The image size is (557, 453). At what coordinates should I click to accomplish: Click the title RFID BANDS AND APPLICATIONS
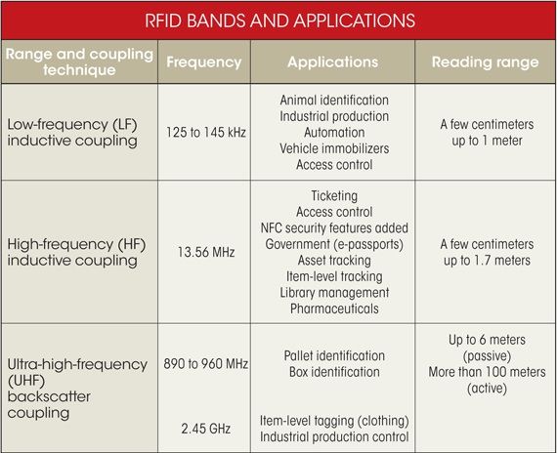click(x=278, y=19)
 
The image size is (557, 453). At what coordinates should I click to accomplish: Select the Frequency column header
click(x=203, y=62)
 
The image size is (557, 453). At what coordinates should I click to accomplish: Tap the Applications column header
click(x=332, y=62)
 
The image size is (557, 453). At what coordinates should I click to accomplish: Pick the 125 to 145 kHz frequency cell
click(x=203, y=133)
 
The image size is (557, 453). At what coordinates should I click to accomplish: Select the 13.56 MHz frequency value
click(x=203, y=252)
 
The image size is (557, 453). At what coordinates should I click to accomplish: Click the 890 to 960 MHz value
click(x=203, y=362)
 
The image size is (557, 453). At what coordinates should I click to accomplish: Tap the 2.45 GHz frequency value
click(x=203, y=428)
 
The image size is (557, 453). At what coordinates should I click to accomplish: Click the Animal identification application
click(x=333, y=100)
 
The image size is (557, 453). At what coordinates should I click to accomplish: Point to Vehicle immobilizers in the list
click(x=333, y=148)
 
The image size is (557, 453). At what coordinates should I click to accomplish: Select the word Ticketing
click(x=333, y=196)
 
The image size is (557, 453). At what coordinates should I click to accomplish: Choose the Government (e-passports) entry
click(x=333, y=244)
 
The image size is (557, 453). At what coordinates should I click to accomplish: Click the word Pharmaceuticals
click(x=333, y=309)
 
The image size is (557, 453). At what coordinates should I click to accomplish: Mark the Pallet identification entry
click(x=333, y=355)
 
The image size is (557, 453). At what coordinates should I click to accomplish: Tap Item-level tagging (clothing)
click(x=333, y=420)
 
